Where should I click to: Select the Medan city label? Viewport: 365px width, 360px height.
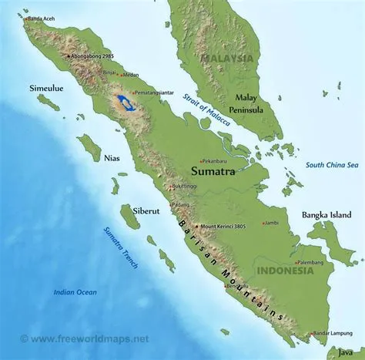(x=130, y=75)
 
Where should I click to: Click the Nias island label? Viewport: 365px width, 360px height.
(x=112, y=157)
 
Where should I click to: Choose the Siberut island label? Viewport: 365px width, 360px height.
(x=126, y=190)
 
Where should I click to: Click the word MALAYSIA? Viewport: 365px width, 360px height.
(x=226, y=58)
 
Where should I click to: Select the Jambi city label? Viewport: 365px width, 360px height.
(x=271, y=223)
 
